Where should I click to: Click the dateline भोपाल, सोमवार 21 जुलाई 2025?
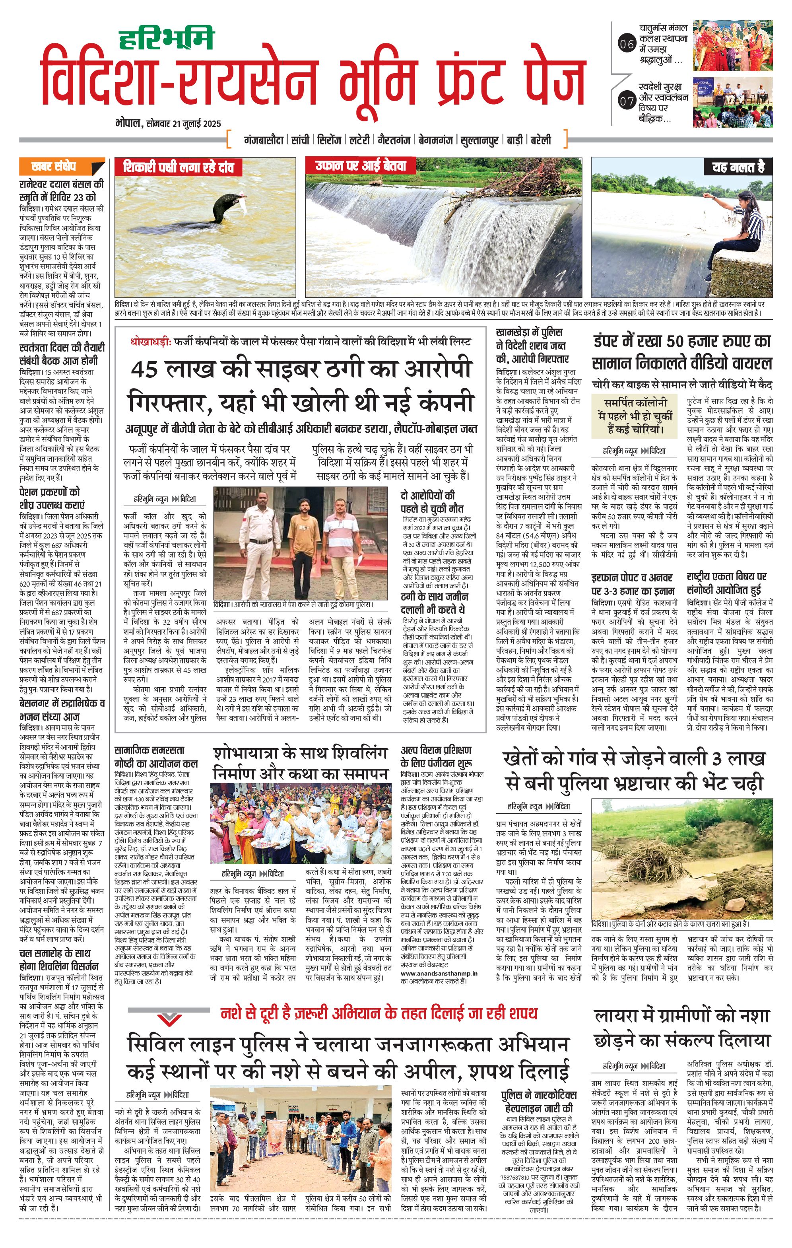168,123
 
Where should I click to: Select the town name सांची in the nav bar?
300,140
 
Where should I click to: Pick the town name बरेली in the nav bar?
540,140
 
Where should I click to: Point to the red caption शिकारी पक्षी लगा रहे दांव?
178,167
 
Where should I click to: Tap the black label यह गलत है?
738,167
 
